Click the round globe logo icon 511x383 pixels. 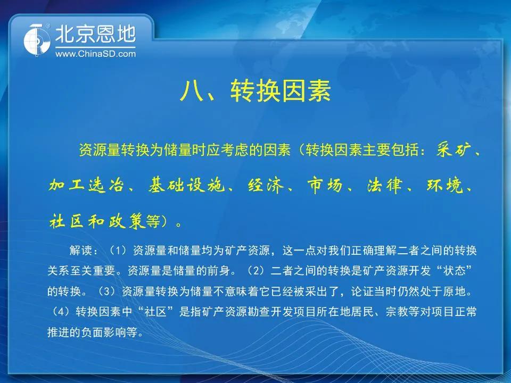click(x=37, y=40)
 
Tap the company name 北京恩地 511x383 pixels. click(x=95, y=34)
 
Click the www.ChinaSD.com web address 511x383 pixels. click(x=95, y=54)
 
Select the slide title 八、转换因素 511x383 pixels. click(x=255, y=91)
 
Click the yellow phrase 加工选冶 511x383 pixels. click(x=87, y=186)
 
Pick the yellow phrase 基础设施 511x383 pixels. click(x=186, y=186)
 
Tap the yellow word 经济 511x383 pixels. click(x=266, y=186)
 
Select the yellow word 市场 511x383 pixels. click(x=325, y=186)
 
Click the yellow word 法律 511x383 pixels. click(x=384, y=186)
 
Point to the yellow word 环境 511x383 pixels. click(x=444, y=186)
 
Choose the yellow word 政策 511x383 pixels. click(x=127, y=221)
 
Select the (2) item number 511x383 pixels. click(x=256, y=271)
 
